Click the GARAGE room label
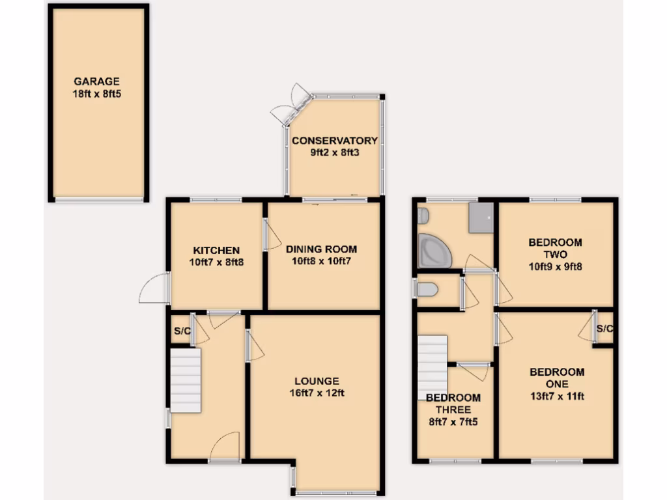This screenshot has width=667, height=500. [x=96, y=81]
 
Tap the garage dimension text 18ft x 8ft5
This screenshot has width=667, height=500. [x=96, y=94]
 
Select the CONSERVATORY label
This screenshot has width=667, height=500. [x=334, y=141]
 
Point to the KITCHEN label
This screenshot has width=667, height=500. [x=216, y=250]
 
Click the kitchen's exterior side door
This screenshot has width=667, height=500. [x=155, y=289]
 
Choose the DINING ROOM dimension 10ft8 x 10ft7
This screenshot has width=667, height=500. [x=321, y=262]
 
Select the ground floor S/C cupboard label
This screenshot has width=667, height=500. [x=181, y=332]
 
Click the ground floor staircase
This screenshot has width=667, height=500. [x=185, y=380]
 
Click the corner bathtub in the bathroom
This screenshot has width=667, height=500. [x=434, y=251]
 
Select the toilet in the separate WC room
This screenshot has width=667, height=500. [x=427, y=290]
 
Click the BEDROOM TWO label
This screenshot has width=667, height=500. [x=555, y=248]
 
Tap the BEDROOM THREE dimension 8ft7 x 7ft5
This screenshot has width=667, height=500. [x=453, y=422]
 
